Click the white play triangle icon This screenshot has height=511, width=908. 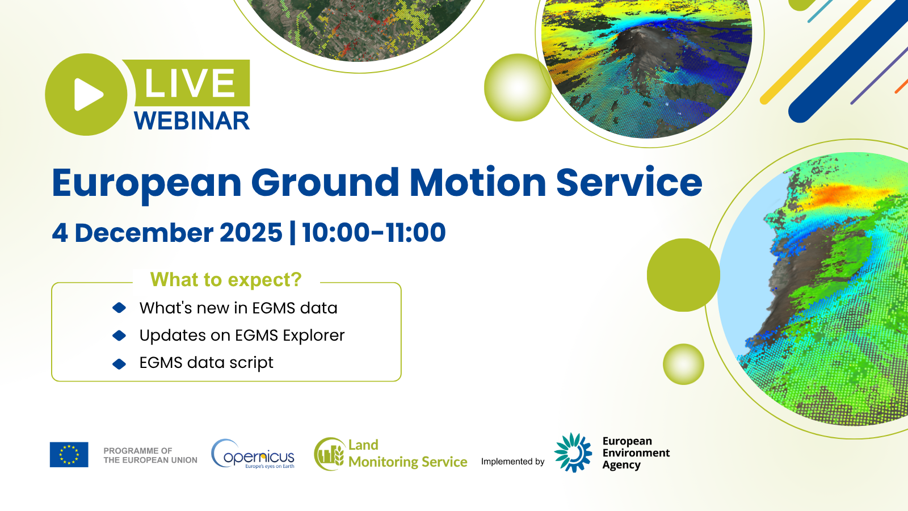[x=88, y=94]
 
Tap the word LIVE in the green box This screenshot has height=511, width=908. [x=190, y=83]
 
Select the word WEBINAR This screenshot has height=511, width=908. [x=192, y=121]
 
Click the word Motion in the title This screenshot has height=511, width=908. [x=477, y=183]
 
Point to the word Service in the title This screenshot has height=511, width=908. [x=629, y=183]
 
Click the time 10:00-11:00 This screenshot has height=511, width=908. [x=373, y=233]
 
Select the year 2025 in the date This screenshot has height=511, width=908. [x=251, y=233]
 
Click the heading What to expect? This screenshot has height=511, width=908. [x=226, y=280]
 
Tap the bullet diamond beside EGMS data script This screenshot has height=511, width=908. [x=119, y=364]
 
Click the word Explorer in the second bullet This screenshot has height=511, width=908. [x=313, y=336]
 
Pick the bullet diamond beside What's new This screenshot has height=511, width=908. [x=119, y=308]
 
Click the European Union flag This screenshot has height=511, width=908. [x=69, y=454]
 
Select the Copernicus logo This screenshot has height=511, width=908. [x=253, y=454]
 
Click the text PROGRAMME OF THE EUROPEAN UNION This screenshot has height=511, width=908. [x=150, y=455]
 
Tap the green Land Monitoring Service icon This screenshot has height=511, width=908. [x=329, y=454]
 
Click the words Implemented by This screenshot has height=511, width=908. [x=512, y=462]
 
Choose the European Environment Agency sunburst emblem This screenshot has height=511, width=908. [x=573, y=453]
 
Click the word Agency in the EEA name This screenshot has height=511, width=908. [x=621, y=465]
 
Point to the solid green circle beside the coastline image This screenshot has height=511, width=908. [x=683, y=275]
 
